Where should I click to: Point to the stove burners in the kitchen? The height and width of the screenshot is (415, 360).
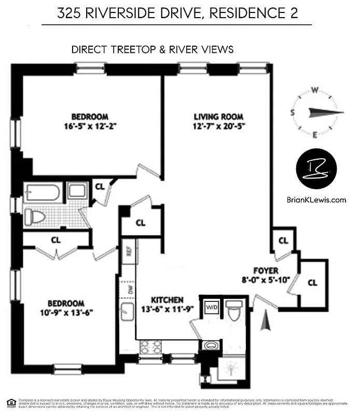[x=151, y=347]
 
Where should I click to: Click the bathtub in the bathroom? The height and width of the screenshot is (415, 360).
[x=42, y=191]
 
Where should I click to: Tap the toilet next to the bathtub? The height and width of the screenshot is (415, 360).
[x=35, y=216]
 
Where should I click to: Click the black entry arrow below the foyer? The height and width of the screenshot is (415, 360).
[x=265, y=320]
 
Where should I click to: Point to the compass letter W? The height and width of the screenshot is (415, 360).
[x=314, y=89]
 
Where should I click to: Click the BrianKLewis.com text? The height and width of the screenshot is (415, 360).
[x=316, y=199]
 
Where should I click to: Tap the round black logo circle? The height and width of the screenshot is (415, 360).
[x=316, y=169]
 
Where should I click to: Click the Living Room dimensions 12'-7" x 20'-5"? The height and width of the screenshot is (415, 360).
[x=218, y=126]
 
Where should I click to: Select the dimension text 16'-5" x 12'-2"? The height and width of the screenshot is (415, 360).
[x=90, y=126]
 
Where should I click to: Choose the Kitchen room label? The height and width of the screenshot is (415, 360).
[x=167, y=300]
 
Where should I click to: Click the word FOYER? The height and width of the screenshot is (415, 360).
[x=266, y=271]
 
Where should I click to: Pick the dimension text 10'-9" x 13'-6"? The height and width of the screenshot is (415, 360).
[x=66, y=312]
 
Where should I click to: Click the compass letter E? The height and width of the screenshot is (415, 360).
[x=314, y=135]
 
